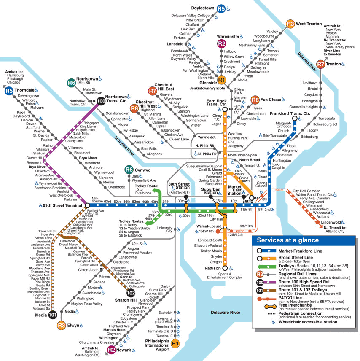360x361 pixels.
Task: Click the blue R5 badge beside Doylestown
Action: point(221,8)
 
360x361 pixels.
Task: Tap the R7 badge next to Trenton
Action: point(321,65)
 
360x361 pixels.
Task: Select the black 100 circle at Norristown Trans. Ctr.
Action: point(101,101)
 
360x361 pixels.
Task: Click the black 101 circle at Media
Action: point(53,315)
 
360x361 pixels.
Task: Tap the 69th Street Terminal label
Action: point(62,205)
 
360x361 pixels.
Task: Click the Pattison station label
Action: point(213,268)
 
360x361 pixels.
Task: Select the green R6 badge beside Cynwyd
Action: point(129,170)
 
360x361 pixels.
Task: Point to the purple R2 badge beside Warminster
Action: point(222,43)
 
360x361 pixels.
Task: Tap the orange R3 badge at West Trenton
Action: point(290,24)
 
